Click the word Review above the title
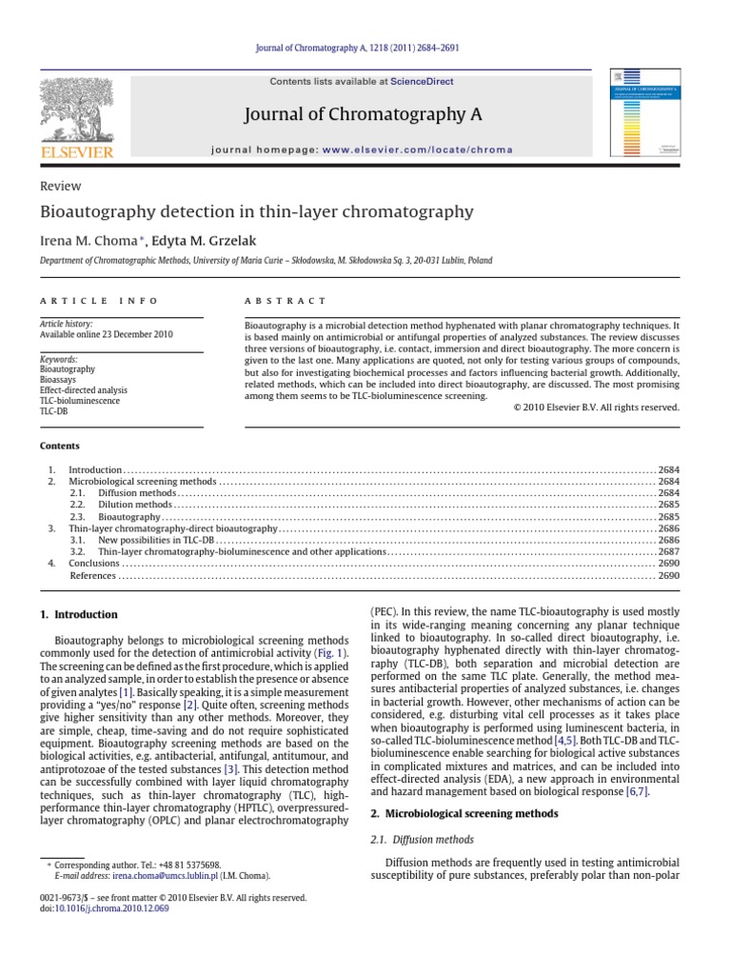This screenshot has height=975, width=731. [60, 187]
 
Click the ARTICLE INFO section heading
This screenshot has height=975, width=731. [98, 300]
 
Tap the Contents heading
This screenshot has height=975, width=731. [59, 446]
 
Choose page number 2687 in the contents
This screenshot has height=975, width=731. [668, 551]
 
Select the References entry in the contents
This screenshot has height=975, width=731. [92, 575]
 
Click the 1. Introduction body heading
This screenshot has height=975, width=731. [79, 615]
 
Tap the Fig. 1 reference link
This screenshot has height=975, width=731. [331, 654]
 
